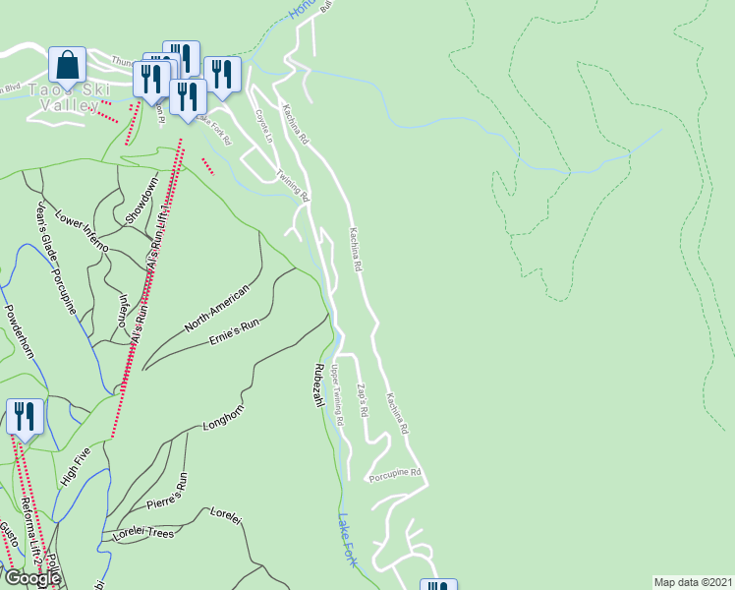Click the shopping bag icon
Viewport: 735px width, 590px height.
67,65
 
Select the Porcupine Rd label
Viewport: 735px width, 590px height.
395,476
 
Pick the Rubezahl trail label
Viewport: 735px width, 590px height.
318,388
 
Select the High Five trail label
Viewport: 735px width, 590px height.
74,466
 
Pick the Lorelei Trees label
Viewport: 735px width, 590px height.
143,534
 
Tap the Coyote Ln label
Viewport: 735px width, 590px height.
263,127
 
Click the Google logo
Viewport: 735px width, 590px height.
31,578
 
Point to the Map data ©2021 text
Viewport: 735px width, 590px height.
693,582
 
